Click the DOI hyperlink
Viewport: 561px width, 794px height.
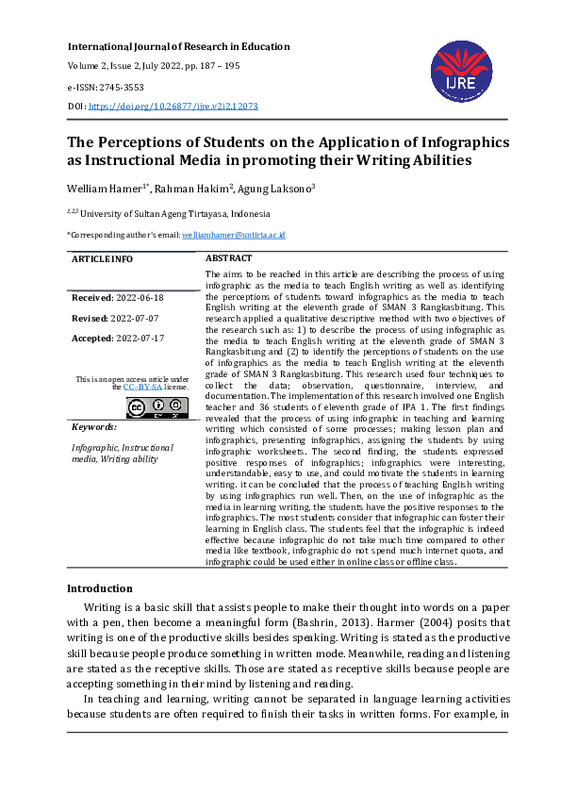pyautogui.click(x=173, y=108)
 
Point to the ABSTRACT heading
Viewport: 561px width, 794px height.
pyautogui.click(x=228, y=258)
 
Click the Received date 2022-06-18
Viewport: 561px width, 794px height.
pyautogui.click(x=139, y=298)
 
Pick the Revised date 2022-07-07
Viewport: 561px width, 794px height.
pyautogui.click(x=133, y=318)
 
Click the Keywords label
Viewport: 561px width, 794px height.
pyautogui.click(x=94, y=427)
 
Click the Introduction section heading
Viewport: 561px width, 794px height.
pyautogui.click(x=99, y=588)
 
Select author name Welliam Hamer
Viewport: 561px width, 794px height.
pyautogui.click(x=101, y=188)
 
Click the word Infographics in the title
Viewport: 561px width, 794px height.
pyautogui.click(x=454, y=142)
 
